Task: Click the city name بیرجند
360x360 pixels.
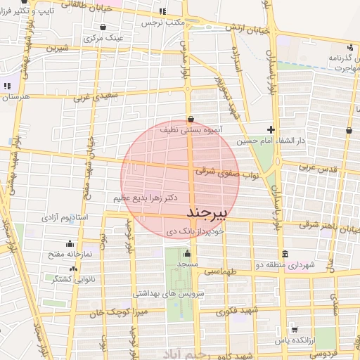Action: click(x=205, y=212)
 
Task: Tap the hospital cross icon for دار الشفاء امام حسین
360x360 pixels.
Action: click(x=271, y=129)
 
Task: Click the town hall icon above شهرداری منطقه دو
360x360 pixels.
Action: click(x=284, y=254)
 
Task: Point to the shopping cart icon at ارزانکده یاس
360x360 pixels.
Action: click(x=295, y=329)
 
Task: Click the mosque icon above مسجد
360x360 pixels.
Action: click(x=187, y=254)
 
